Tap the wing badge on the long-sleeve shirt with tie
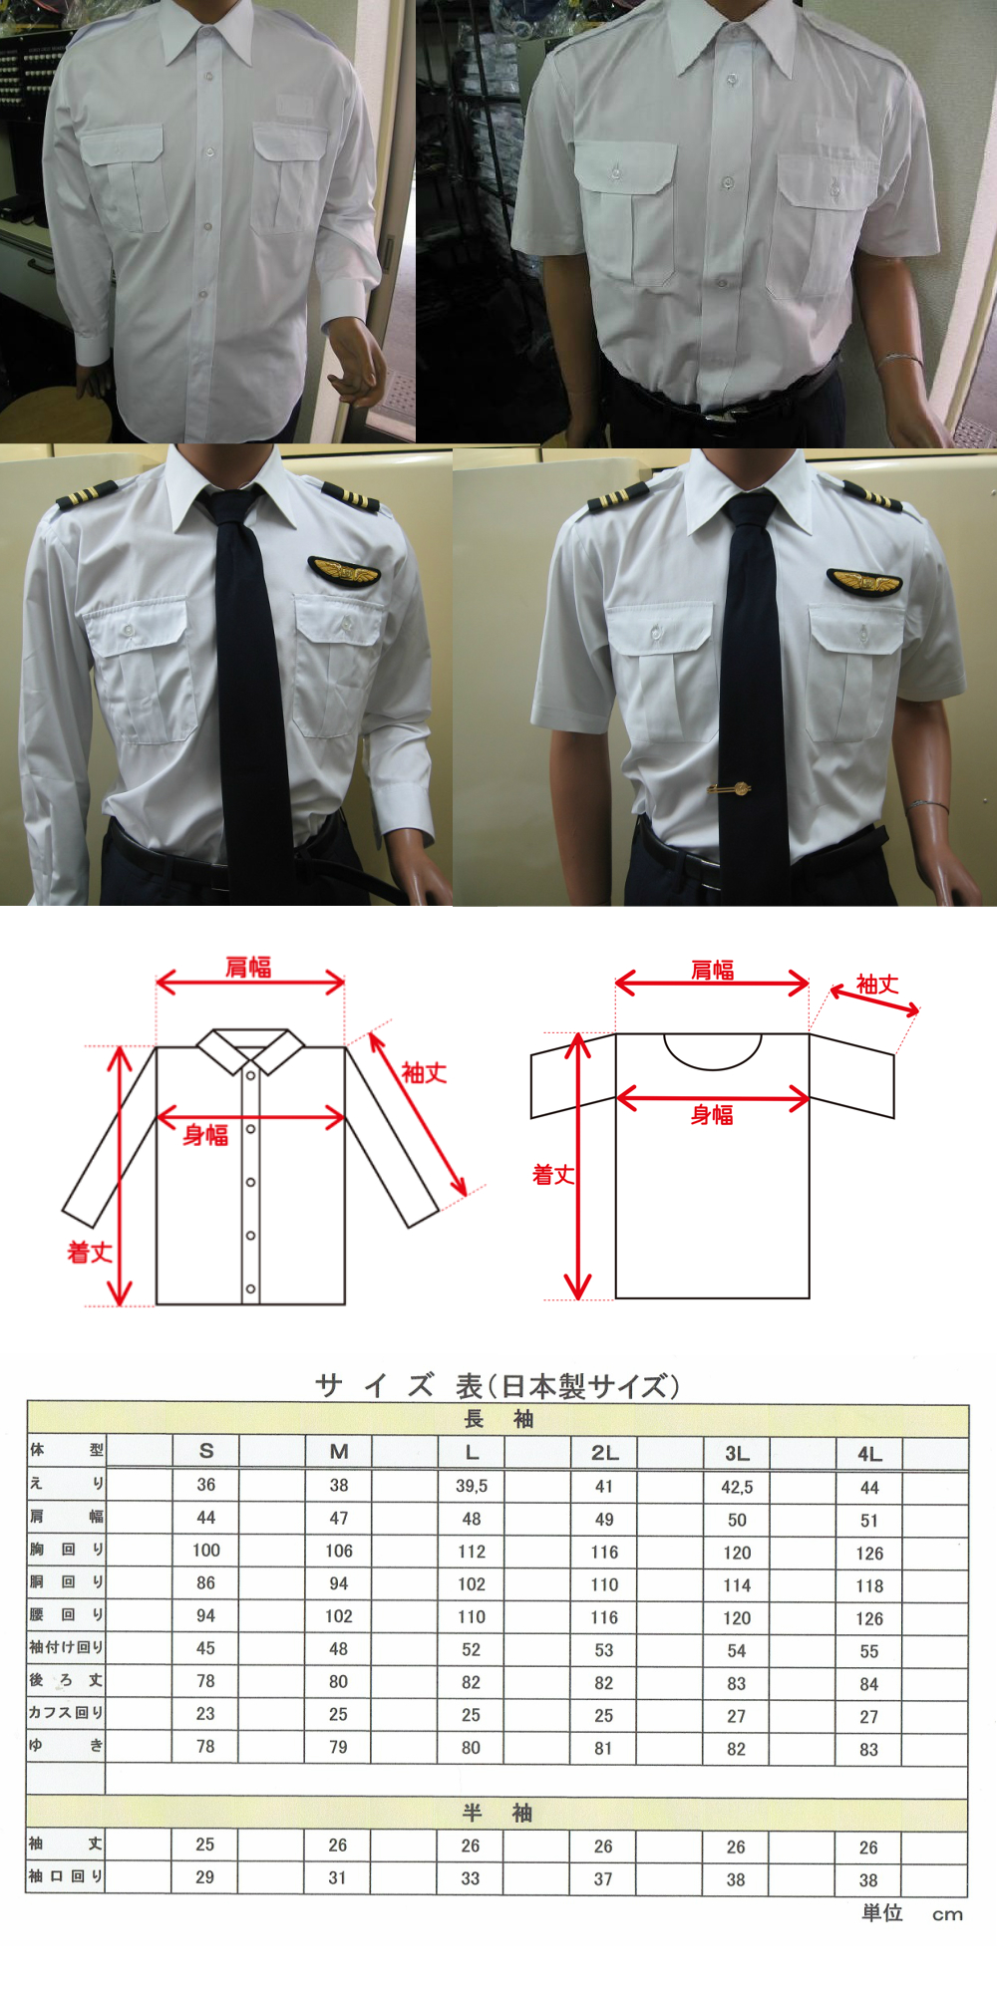coord(344,572)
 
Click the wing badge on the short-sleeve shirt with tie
coord(864,580)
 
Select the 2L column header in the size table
coord(604,1453)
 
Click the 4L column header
coord(869,1454)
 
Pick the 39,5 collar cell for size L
coord(472,1486)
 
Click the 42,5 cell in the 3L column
coord(737,1487)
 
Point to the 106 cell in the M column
coord(339,1551)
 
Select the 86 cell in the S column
coord(205,1582)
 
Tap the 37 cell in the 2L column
coord(603,1878)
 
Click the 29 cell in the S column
coord(204,1876)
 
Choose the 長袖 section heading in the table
coord(498,1419)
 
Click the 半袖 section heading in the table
coord(498,1813)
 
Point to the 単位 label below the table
coord(882,1912)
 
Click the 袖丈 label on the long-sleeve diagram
coord(424,1073)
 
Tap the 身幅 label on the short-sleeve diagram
coord(712,1115)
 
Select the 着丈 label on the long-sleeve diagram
coord(89,1253)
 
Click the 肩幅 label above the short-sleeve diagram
coord(712,970)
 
